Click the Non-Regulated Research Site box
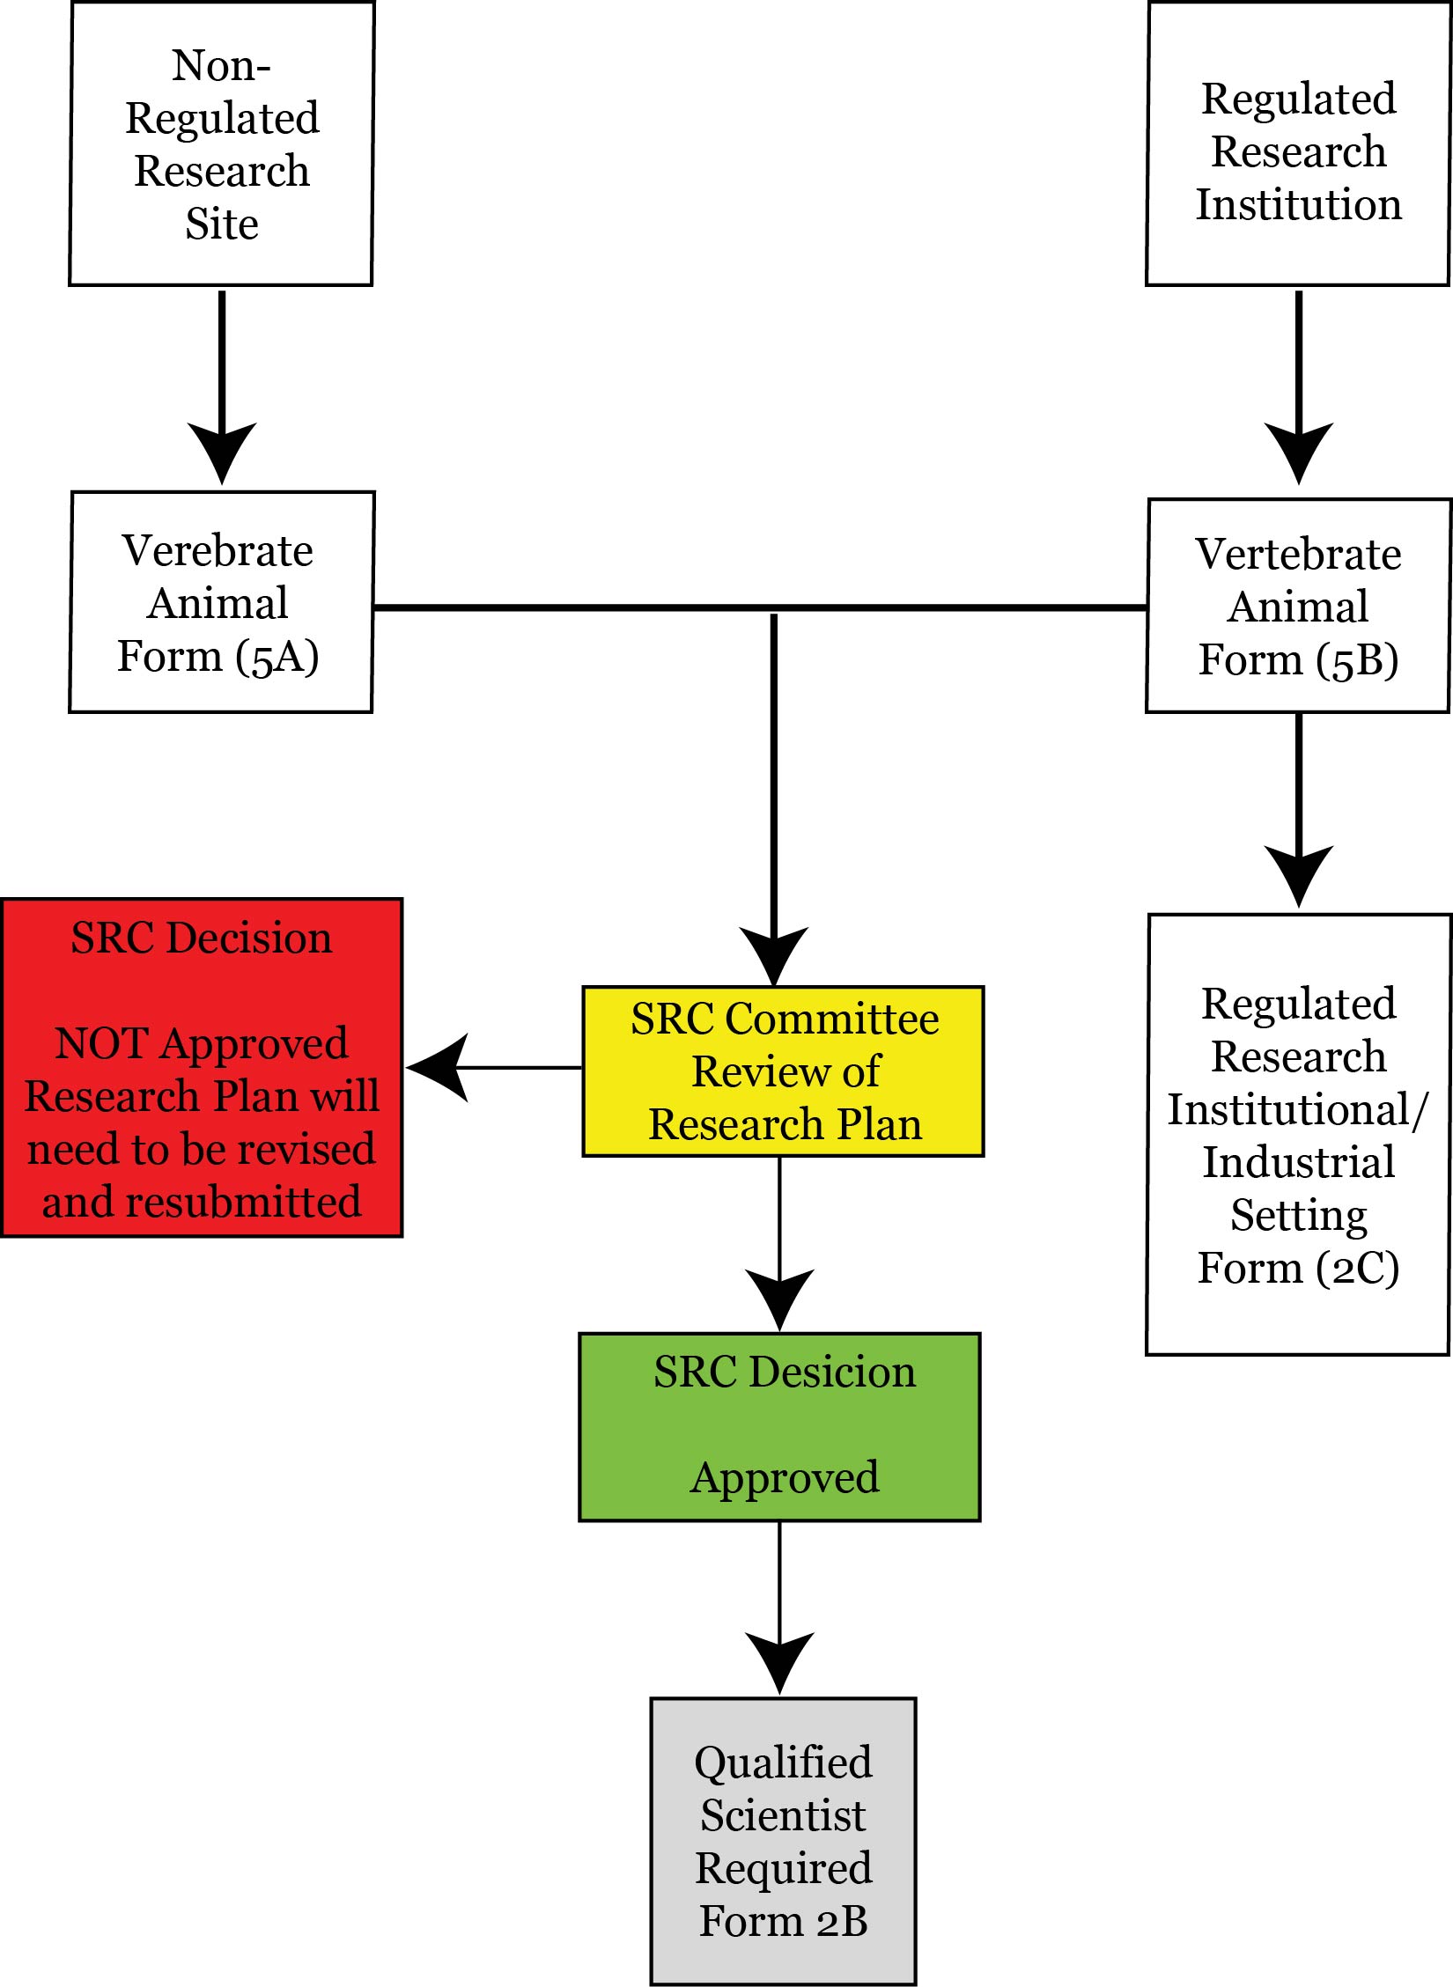tap(221, 144)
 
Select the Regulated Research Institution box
tap(1298, 144)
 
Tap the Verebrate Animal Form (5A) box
tap(221, 602)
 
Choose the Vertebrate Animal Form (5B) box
tap(1298, 606)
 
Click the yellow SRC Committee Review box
tap(783, 1071)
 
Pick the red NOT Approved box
tap(202, 1068)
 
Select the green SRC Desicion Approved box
tap(779, 1427)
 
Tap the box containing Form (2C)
tap(1298, 1135)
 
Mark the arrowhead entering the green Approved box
tap(779, 1300)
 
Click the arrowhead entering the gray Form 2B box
tap(779, 1664)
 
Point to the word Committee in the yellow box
tap(832, 1019)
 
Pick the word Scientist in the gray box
tap(783, 1816)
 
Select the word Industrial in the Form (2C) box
tap(1299, 1162)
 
